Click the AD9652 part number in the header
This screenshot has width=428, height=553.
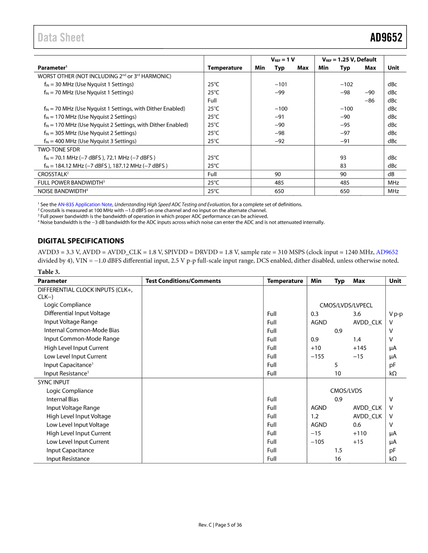click(386, 38)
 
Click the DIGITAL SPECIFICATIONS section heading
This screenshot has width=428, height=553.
click(81, 241)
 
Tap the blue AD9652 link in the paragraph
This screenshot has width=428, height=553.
click(387, 252)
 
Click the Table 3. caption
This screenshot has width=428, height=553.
click(49, 272)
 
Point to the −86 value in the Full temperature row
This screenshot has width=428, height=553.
click(370, 101)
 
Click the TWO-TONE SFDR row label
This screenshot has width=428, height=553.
click(59, 149)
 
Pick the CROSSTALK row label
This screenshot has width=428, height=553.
click(53, 174)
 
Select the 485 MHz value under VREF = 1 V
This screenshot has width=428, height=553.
click(279, 182)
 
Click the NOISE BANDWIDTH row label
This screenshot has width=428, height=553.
click(63, 191)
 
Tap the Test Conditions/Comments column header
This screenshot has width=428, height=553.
click(183, 281)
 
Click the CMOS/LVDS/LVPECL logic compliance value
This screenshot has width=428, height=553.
click(346, 305)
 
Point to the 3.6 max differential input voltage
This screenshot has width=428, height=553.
click(357, 314)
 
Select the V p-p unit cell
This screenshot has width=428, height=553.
click(395, 314)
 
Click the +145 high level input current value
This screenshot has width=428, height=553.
click(359, 348)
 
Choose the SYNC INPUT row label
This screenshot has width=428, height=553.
click(54, 382)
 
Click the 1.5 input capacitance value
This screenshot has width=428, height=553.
click(338, 450)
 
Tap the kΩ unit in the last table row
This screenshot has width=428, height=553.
click(393, 459)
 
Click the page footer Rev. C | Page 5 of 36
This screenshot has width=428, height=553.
click(220, 525)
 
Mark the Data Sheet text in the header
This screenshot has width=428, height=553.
click(61, 38)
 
